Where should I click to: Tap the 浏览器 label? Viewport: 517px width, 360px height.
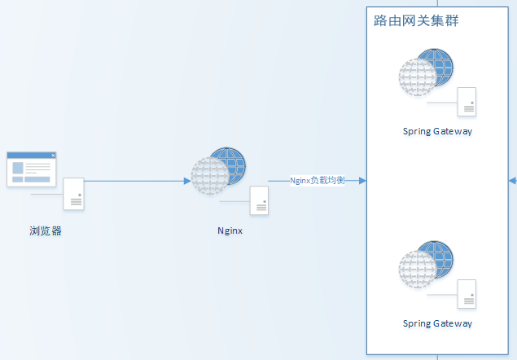(46, 230)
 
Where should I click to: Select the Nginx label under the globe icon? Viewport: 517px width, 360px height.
(230, 230)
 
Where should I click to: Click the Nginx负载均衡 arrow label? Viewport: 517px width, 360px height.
(318, 180)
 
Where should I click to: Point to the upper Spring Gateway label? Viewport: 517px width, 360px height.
(437, 130)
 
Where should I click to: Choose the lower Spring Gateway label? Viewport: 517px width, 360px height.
(437, 323)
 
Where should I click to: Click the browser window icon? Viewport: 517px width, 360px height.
(32, 169)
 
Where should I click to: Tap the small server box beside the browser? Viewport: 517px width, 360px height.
(74, 194)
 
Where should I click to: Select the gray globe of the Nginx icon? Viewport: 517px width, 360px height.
(208, 177)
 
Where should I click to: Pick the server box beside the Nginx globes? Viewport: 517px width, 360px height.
(259, 200)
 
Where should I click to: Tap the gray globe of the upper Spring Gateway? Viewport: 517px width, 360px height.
(416, 78)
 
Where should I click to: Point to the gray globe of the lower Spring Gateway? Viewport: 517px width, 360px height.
(416, 271)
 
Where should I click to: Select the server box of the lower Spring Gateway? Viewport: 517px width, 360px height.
(467, 293)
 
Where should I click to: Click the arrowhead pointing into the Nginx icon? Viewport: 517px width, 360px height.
(186, 181)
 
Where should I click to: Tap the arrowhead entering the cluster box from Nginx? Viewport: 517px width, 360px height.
(361, 181)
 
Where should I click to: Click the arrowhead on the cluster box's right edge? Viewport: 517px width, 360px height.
(512, 181)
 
